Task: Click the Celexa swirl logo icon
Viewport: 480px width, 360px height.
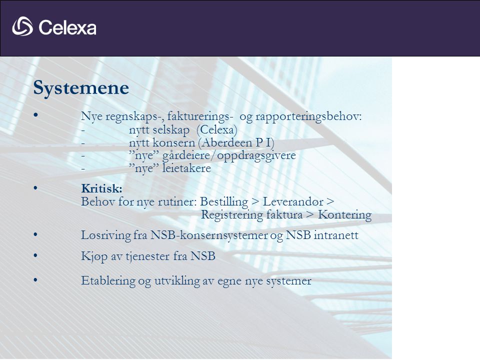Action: [22, 26]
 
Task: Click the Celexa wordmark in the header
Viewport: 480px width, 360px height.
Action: [67, 27]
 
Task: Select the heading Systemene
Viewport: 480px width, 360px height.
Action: [81, 88]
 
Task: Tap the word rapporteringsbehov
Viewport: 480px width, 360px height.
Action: [308, 116]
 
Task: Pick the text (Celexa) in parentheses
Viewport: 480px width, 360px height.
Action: [216, 130]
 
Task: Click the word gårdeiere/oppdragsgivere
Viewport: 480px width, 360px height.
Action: [229, 155]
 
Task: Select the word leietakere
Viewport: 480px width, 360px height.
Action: [186, 168]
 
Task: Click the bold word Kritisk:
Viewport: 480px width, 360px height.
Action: [101, 188]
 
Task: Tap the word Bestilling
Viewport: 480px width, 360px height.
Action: [224, 202]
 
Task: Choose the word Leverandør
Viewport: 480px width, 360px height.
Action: [293, 201]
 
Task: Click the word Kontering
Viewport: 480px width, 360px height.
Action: [344, 215]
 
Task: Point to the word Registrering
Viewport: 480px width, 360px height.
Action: [231, 215]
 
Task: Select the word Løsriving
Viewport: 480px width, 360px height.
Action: [106, 235]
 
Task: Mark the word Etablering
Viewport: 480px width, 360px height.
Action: [108, 280]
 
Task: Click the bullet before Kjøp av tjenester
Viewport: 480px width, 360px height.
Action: [35, 255]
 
